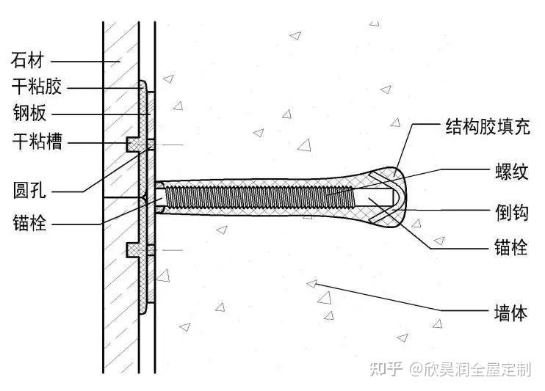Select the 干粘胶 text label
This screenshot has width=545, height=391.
click(37, 88)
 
